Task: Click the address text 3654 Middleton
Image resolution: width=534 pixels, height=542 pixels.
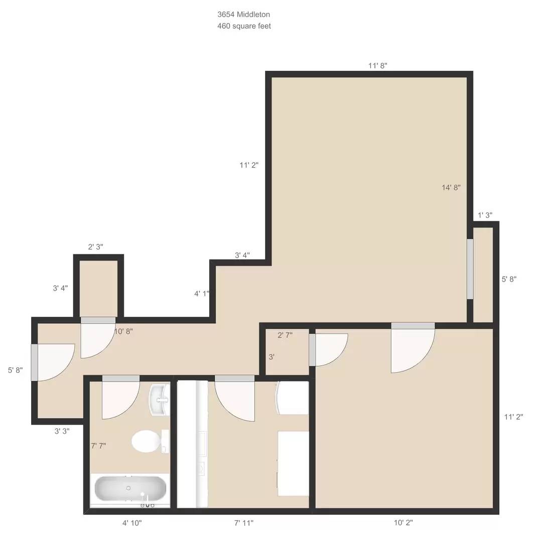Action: tap(243, 15)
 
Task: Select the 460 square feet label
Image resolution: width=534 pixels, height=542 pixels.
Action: tap(244, 26)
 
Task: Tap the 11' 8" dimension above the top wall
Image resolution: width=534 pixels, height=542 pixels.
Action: tap(377, 65)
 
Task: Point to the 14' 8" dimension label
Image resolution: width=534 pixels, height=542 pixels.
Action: tap(451, 188)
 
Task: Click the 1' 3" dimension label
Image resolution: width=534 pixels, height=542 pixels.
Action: tap(484, 215)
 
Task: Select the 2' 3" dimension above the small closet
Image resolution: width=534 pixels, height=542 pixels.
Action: tap(95, 247)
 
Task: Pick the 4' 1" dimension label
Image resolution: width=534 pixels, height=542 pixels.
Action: tap(202, 294)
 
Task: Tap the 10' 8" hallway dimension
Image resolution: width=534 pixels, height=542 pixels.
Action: tap(123, 331)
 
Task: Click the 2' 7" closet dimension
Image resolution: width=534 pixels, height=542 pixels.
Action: tap(285, 335)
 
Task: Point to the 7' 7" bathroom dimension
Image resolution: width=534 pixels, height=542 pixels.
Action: tap(98, 446)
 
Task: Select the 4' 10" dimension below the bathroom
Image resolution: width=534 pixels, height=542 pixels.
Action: tap(132, 523)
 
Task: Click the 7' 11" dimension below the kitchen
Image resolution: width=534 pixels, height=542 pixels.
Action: tap(244, 523)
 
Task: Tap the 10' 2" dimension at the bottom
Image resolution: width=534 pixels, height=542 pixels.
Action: tap(403, 523)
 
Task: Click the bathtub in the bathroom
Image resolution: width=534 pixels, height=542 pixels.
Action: tap(130, 489)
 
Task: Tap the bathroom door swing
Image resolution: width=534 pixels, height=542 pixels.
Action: tap(119, 399)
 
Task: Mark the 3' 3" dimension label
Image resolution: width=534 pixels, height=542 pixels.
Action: tap(62, 431)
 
